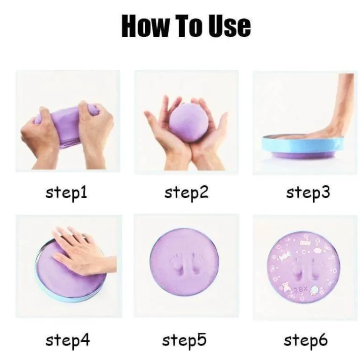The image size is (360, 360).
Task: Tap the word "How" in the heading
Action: (144, 26)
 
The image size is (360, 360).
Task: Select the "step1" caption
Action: (66, 193)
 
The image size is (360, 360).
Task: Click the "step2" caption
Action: (187, 193)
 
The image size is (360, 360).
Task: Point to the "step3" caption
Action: (308, 193)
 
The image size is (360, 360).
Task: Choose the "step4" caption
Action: (68, 340)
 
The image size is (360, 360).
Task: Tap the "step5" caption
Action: (184, 340)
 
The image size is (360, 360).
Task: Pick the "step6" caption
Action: (306, 340)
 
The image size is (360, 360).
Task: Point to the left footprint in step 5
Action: (176, 264)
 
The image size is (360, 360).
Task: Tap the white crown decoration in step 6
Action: (304, 243)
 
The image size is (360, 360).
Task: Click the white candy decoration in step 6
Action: (284, 255)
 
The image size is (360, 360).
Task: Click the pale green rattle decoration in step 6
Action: (314, 290)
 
